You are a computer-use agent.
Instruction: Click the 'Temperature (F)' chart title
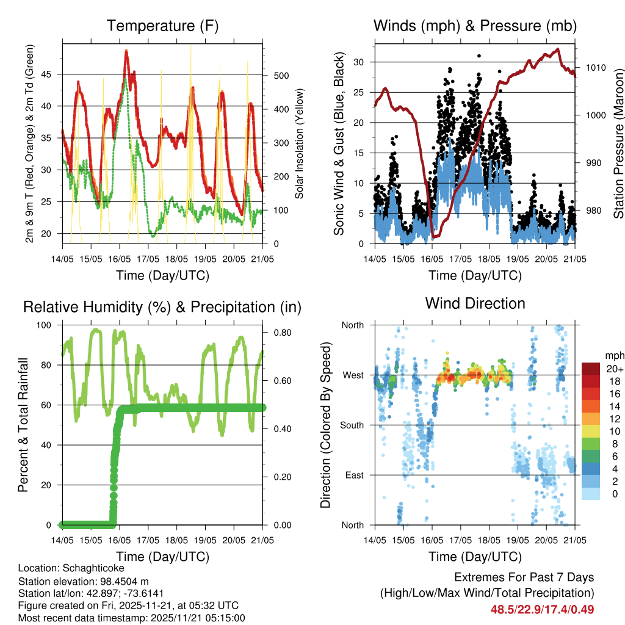point(162,26)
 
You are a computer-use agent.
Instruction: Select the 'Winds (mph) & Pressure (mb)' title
point(475,26)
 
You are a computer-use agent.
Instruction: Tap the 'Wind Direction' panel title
point(475,303)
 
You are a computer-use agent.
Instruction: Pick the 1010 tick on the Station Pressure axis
point(594,68)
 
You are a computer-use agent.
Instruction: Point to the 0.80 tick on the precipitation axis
point(278,333)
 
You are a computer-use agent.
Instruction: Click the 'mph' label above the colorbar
point(613,355)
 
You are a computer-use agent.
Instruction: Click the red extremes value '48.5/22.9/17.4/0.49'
point(542,609)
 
